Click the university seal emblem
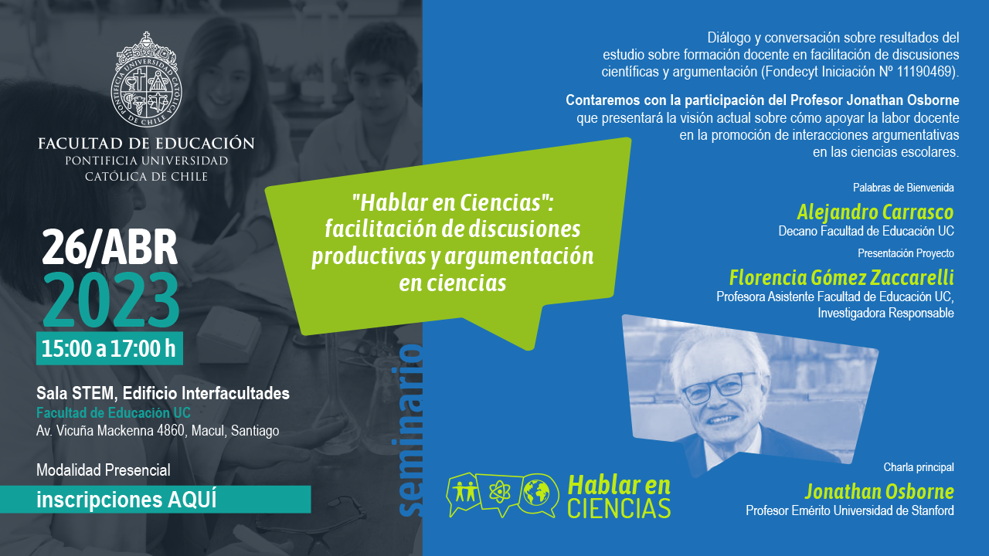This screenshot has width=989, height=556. (x=146, y=80)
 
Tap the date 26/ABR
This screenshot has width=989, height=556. (x=110, y=248)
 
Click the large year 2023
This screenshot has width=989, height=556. (x=111, y=300)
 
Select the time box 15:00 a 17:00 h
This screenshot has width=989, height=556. (x=110, y=348)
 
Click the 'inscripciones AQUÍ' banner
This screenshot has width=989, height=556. (x=155, y=500)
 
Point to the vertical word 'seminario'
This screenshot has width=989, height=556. (x=410, y=431)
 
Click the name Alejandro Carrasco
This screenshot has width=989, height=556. (x=875, y=212)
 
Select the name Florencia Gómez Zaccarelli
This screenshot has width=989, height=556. (x=841, y=278)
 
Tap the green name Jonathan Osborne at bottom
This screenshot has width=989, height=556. (x=879, y=492)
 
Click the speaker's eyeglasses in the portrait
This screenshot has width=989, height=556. (x=719, y=388)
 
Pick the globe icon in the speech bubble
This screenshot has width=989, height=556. (x=536, y=493)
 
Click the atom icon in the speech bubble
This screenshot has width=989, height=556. (x=499, y=491)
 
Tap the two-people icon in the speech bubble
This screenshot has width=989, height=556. (x=465, y=490)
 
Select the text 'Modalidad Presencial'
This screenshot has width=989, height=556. (x=104, y=470)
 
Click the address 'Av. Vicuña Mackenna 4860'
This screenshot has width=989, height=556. (x=110, y=431)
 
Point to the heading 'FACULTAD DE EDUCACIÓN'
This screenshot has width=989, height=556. (x=146, y=144)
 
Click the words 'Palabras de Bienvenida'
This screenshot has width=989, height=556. (x=903, y=188)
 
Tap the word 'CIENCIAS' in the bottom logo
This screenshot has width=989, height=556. (x=619, y=508)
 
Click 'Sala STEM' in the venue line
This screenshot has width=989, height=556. (x=76, y=394)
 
